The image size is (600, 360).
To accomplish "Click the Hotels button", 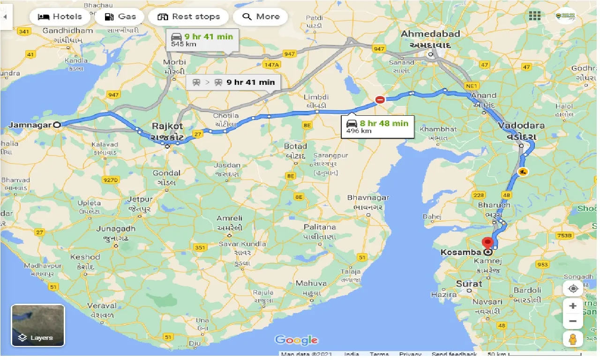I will [60, 17].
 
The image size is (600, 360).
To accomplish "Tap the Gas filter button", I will [120, 17].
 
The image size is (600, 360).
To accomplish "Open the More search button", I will [261, 17].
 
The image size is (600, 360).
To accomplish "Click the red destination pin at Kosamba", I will [487, 244].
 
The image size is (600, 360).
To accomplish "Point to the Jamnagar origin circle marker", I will [57, 125].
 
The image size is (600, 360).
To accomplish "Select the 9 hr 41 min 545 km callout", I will [203, 40].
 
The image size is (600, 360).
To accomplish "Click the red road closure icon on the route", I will [380, 99].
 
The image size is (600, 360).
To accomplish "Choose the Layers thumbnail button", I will [37, 325].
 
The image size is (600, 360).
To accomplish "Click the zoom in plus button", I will [573, 306].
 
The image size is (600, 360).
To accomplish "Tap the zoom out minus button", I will [573, 322].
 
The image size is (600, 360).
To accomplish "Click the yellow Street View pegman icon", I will [573, 339].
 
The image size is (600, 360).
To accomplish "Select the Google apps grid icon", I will [534, 15].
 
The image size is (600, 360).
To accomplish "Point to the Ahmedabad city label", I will [431, 34].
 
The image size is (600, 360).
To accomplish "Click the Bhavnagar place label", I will [368, 198].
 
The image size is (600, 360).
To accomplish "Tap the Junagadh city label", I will [116, 229].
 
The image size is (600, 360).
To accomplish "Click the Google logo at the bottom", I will [296, 340].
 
